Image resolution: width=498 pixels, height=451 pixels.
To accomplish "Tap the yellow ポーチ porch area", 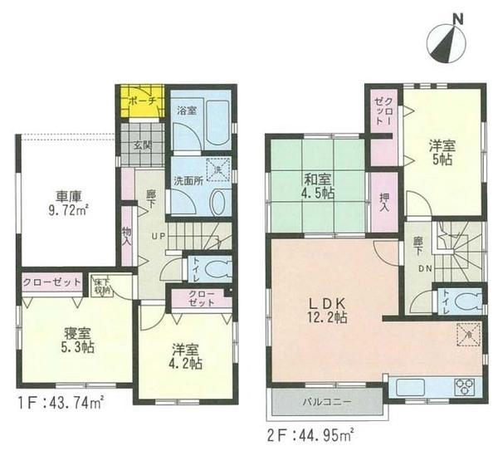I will [139, 101].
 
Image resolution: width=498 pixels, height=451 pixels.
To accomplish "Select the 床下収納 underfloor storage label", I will [100, 284].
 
